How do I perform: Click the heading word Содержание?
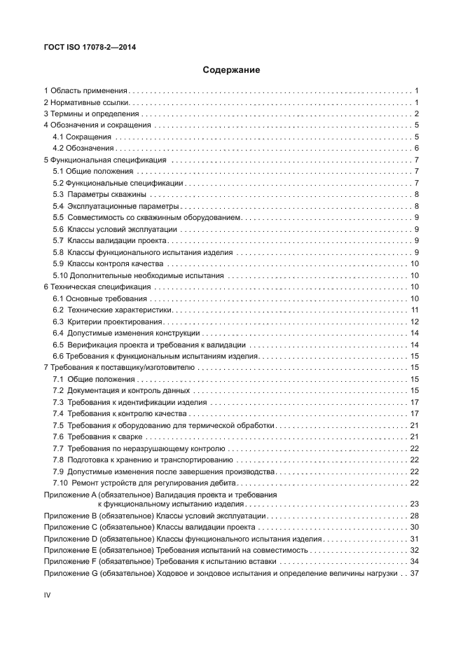coord(231,70)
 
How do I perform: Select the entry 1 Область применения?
coord(85,91)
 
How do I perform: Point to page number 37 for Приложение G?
coord(413,572)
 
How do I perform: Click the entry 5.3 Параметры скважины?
coord(100,194)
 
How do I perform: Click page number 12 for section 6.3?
coord(414,322)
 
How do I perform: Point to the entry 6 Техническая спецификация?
coord(97,287)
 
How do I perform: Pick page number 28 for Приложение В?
coord(414,515)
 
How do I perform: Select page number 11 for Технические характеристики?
coord(415,310)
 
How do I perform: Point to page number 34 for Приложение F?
coord(414,561)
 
